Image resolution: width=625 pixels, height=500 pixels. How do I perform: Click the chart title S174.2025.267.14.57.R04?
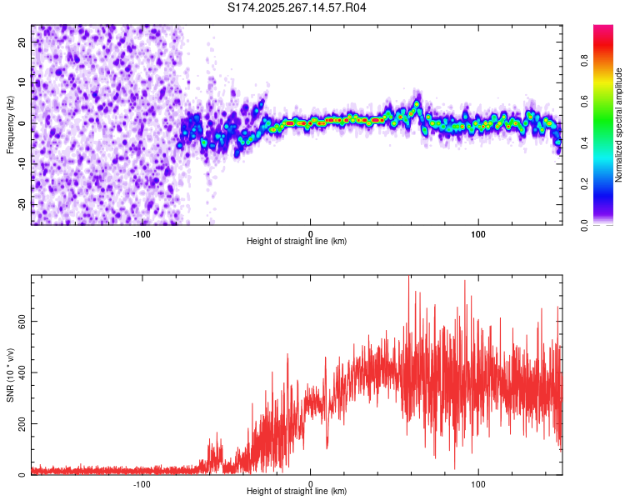coord(297,8)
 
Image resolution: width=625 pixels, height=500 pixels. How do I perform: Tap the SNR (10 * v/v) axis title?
coord(11,375)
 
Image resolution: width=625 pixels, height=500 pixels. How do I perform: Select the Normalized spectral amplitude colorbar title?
coord(618,125)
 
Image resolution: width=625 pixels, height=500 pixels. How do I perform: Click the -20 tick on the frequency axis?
coord(21,203)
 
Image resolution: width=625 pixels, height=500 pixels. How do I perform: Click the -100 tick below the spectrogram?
coord(142,232)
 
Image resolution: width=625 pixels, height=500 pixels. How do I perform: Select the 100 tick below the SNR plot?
coord(478,483)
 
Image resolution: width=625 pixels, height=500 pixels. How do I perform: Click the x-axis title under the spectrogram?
coord(297,242)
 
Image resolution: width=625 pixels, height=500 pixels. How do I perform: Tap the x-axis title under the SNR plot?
coord(297,492)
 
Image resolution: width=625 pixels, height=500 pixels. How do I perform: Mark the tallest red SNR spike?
coord(408,278)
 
